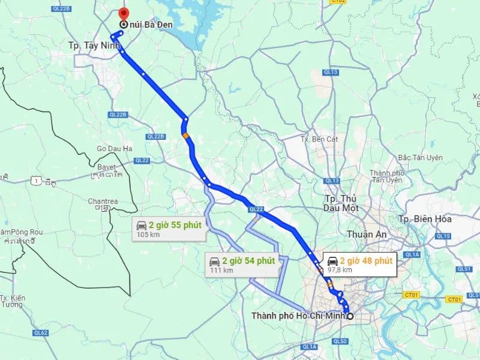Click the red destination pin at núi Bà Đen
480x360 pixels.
[123, 13]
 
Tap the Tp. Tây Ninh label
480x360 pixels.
[91, 45]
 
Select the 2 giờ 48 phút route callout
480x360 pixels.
[359, 264]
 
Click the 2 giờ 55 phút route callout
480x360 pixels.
[167, 229]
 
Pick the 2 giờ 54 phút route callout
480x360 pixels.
[242, 264]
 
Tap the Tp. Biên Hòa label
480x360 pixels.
[425, 219]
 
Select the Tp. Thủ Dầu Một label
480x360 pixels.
[341, 203]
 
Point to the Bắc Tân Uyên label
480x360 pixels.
[420, 157]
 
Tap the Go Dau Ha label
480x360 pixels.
[114, 148]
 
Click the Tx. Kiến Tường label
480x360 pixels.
[12, 301]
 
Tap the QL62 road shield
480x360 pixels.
[41, 332]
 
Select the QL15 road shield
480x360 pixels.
[443, 236]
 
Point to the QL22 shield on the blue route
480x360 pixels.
[256, 209]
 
